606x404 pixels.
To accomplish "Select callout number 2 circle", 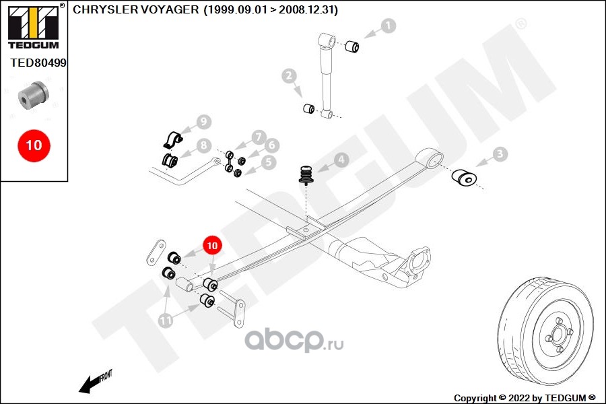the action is coord(290,76).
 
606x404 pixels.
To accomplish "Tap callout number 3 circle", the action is coord(500,155).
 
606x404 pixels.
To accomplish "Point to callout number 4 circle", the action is coord(341,160).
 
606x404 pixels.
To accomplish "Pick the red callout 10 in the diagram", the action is coord(212,246).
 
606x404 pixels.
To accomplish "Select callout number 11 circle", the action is coord(166,321).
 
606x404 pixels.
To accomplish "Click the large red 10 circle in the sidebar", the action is coord(34,145).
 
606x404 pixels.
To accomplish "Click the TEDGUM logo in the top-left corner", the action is coord(33,27).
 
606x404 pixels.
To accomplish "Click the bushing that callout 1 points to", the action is coord(352,46).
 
